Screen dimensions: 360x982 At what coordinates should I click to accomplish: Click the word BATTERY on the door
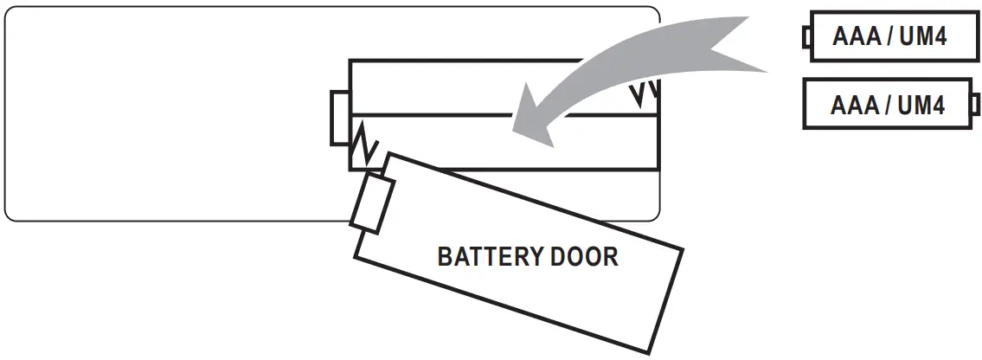490,257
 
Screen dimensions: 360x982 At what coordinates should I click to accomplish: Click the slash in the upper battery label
887,36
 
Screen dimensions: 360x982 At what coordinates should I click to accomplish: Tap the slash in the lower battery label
885,106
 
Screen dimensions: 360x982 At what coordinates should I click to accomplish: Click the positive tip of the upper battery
805,36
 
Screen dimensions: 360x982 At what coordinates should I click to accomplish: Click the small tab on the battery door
373,202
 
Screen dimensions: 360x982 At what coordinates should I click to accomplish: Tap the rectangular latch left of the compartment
339,118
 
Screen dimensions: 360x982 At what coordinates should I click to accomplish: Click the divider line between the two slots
433,115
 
